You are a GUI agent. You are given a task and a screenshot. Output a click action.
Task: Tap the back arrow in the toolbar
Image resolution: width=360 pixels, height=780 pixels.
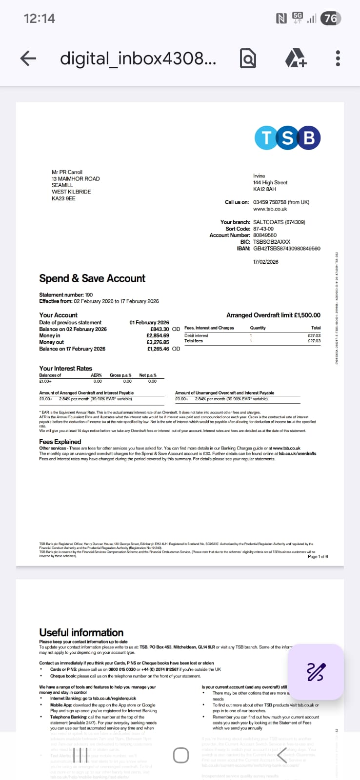click(28, 58)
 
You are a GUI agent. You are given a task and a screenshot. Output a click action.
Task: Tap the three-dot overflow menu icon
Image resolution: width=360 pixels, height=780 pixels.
click(338, 58)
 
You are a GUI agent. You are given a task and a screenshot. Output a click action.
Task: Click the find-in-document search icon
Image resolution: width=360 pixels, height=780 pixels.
click(248, 59)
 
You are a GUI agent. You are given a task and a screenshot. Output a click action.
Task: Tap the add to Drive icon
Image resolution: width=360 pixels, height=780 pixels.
click(296, 58)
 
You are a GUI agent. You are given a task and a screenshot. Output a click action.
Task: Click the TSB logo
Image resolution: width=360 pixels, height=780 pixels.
click(287, 138)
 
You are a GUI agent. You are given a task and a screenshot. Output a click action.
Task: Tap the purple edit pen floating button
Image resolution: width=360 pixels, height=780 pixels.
click(316, 672)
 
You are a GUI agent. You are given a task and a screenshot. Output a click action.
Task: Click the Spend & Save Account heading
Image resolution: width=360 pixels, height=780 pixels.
click(92, 278)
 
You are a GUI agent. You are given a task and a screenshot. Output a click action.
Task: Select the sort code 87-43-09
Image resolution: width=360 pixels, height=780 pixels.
click(263, 229)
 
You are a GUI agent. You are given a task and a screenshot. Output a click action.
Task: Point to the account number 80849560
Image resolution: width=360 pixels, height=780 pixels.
click(265, 235)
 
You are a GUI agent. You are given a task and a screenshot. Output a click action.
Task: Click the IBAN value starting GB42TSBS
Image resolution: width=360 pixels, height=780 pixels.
click(287, 249)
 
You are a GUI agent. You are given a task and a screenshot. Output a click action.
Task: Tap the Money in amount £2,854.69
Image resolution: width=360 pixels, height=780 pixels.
click(158, 335)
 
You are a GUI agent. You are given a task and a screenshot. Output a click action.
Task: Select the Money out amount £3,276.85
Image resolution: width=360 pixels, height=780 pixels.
click(158, 342)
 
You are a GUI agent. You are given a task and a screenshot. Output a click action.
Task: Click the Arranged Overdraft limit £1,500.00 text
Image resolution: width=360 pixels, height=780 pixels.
click(273, 315)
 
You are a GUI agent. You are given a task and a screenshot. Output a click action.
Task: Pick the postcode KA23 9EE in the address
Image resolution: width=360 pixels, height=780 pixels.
click(63, 198)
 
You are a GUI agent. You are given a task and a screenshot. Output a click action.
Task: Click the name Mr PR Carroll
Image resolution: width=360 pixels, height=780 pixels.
click(67, 172)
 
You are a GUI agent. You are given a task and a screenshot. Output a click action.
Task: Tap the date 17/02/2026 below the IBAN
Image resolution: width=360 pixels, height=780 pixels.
click(266, 262)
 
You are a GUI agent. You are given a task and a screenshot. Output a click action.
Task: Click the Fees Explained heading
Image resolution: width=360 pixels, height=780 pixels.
click(60, 442)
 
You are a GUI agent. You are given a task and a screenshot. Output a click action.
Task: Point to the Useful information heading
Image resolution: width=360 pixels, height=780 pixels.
click(81, 632)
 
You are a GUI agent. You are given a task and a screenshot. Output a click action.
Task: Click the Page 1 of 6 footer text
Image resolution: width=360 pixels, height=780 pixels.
click(318, 556)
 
